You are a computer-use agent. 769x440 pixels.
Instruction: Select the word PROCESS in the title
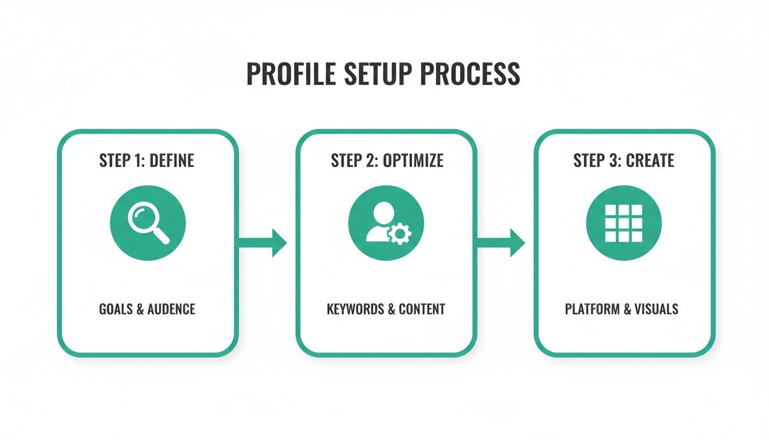pyautogui.click(x=470, y=74)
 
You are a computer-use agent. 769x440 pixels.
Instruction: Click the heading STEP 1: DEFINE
pyautogui.click(x=147, y=160)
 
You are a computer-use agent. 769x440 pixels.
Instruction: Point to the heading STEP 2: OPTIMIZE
pyautogui.click(x=387, y=160)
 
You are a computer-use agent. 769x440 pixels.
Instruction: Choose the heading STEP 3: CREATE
pyautogui.click(x=624, y=160)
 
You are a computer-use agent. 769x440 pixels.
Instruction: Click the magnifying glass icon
pyautogui.click(x=148, y=222)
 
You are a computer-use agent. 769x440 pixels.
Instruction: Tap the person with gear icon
pyautogui.click(x=386, y=222)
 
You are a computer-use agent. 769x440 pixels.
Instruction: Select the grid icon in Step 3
pyautogui.click(x=624, y=222)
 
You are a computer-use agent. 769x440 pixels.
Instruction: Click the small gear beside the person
pyautogui.click(x=399, y=234)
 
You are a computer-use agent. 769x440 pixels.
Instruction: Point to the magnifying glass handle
pyautogui.click(x=161, y=236)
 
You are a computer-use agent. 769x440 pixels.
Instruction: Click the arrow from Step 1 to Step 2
pyautogui.click(x=262, y=243)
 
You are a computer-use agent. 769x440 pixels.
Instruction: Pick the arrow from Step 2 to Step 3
pyautogui.click(x=501, y=243)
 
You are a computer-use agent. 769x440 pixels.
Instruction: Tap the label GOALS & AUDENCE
pyautogui.click(x=147, y=309)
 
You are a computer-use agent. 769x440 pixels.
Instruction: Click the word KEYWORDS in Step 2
pyautogui.click(x=355, y=309)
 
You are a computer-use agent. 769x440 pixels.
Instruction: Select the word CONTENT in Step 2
pyautogui.click(x=422, y=309)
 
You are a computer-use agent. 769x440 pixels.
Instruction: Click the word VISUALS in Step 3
pyautogui.click(x=656, y=309)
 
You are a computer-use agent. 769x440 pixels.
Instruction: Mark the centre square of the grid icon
pyautogui.click(x=624, y=223)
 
